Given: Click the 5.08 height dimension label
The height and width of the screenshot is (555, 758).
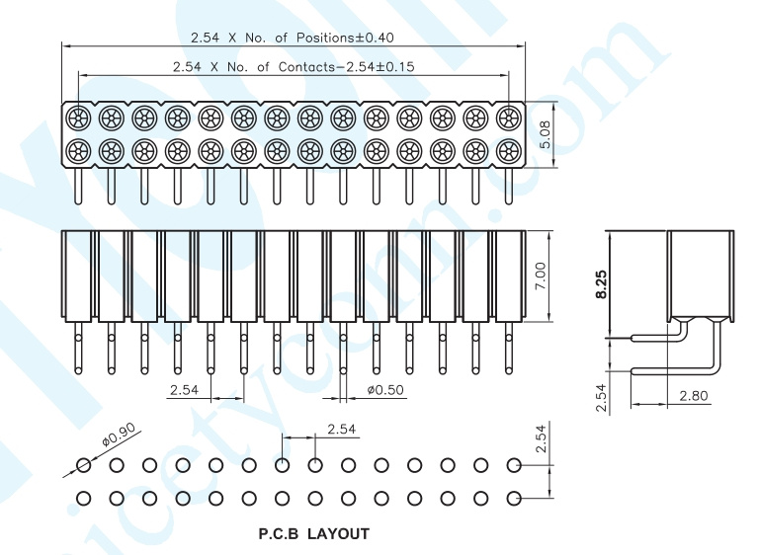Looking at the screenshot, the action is [x=545, y=134].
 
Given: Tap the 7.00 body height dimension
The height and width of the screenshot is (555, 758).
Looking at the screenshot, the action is [x=541, y=276].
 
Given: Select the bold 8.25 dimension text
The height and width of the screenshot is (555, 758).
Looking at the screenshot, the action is [x=601, y=284].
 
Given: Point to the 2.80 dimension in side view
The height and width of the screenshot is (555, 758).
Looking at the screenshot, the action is [x=693, y=396].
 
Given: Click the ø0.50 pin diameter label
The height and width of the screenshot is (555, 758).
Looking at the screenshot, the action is [x=385, y=389].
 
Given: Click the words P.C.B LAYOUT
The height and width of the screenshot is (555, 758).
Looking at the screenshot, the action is [x=313, y=533].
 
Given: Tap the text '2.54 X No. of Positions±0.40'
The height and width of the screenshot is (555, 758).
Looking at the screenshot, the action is [x=292, y=38].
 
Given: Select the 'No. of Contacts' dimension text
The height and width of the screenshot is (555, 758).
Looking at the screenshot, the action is [x=294, y=66].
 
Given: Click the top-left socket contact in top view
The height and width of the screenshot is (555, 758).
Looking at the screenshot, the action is [x=78, y=117].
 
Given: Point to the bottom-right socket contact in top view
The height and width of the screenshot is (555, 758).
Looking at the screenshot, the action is [x=509, y=152].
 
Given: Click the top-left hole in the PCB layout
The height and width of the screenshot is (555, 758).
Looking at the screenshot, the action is [x=84, y=465].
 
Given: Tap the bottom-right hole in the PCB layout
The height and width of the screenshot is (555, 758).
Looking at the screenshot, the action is [x=514, y=498].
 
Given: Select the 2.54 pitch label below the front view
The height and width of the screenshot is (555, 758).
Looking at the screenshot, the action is [x=184, y=389].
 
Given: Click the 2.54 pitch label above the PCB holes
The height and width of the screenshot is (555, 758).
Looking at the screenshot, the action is [x=341, y=429].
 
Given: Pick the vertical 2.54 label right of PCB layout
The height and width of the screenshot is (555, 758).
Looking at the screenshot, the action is [x=541, y=438].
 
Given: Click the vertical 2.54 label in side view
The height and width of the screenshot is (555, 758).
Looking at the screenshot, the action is [x=601, y=398].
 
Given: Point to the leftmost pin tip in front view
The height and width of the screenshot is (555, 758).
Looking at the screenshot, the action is [x=78, y=370].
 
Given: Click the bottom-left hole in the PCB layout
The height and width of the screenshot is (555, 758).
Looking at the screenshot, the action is [x=84, y=498].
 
